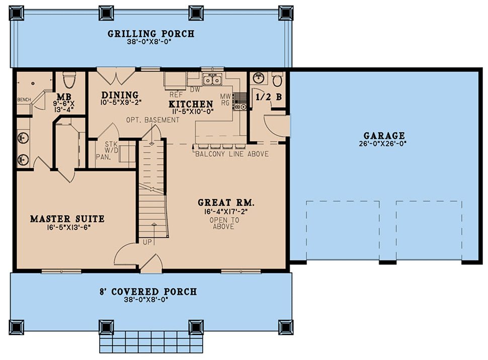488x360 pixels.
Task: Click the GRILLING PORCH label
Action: pos(151,34)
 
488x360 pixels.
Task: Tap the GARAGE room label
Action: pos(384,136)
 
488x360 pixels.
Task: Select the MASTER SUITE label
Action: pos(67,219)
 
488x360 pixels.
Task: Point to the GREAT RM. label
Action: pos(226,203)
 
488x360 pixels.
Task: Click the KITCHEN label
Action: pos(191,104)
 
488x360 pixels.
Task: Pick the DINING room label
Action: pos(120,95)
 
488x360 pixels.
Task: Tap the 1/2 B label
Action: pos(269,97)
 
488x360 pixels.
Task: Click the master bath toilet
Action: pos(69,80)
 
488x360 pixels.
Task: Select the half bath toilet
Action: pos(277,79)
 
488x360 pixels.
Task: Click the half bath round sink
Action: pos(258,78)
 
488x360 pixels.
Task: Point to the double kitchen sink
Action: pos(212,79)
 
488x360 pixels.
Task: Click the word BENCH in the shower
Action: pos(24,100)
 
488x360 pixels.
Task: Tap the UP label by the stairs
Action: pos(147,242)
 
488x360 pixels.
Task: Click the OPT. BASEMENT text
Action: pos(152,120)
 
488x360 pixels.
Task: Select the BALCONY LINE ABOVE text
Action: pos(232,154)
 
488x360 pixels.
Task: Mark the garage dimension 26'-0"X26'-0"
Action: pos(383,144)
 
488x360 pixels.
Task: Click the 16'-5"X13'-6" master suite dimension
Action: pos(69,227)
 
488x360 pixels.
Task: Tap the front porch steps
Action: pos(151,341)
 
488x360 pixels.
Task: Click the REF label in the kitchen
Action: pos(176,95)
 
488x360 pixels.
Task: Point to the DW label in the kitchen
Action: pos(195,89)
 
